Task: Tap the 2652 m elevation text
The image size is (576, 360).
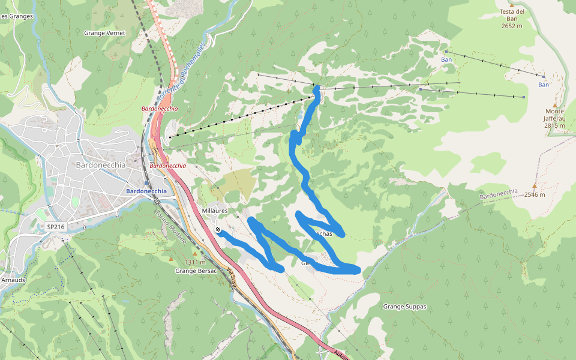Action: click(x=512, y=26)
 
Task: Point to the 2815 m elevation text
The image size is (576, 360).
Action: click(x=554, y=125)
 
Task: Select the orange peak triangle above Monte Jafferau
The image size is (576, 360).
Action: click(x=554, y=106)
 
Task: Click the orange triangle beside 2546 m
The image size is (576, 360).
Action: click(x=535, y=185)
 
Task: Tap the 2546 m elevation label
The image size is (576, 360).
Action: click(x=534, y=194)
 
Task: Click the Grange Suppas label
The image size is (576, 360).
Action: click(x=404, y=307)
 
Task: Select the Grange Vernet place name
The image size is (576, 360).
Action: click(x=104, y=33)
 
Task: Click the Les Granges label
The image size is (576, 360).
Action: click(x=12, y=16)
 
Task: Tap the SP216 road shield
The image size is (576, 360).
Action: click(x=55, y=227)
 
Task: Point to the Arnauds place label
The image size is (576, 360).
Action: click(x=13, y=280)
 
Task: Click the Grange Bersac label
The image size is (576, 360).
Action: click(x=191, y=271)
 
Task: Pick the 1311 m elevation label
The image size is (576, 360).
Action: click(x=194, y=262)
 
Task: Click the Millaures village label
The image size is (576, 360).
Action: click(x=215, y=211)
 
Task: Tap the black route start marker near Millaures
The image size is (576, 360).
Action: click(x=218, y=230)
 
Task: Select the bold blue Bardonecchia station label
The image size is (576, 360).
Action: click(x=146, y=191)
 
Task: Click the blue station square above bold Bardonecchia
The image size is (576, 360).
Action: click(x=146, y=182)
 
